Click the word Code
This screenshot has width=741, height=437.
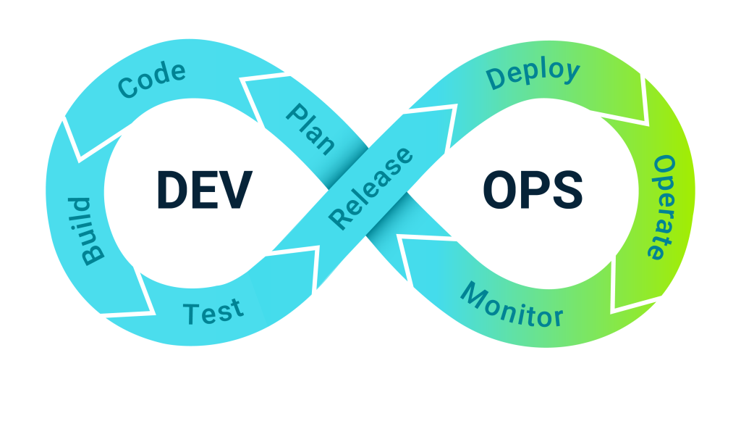point(152,80)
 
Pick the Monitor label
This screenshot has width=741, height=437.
point(512,307)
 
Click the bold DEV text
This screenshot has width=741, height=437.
point(204,190)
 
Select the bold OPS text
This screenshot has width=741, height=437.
point(533,190)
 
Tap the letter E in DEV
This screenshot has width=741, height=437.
point(205,190)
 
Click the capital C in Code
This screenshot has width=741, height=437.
point(129,88)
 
